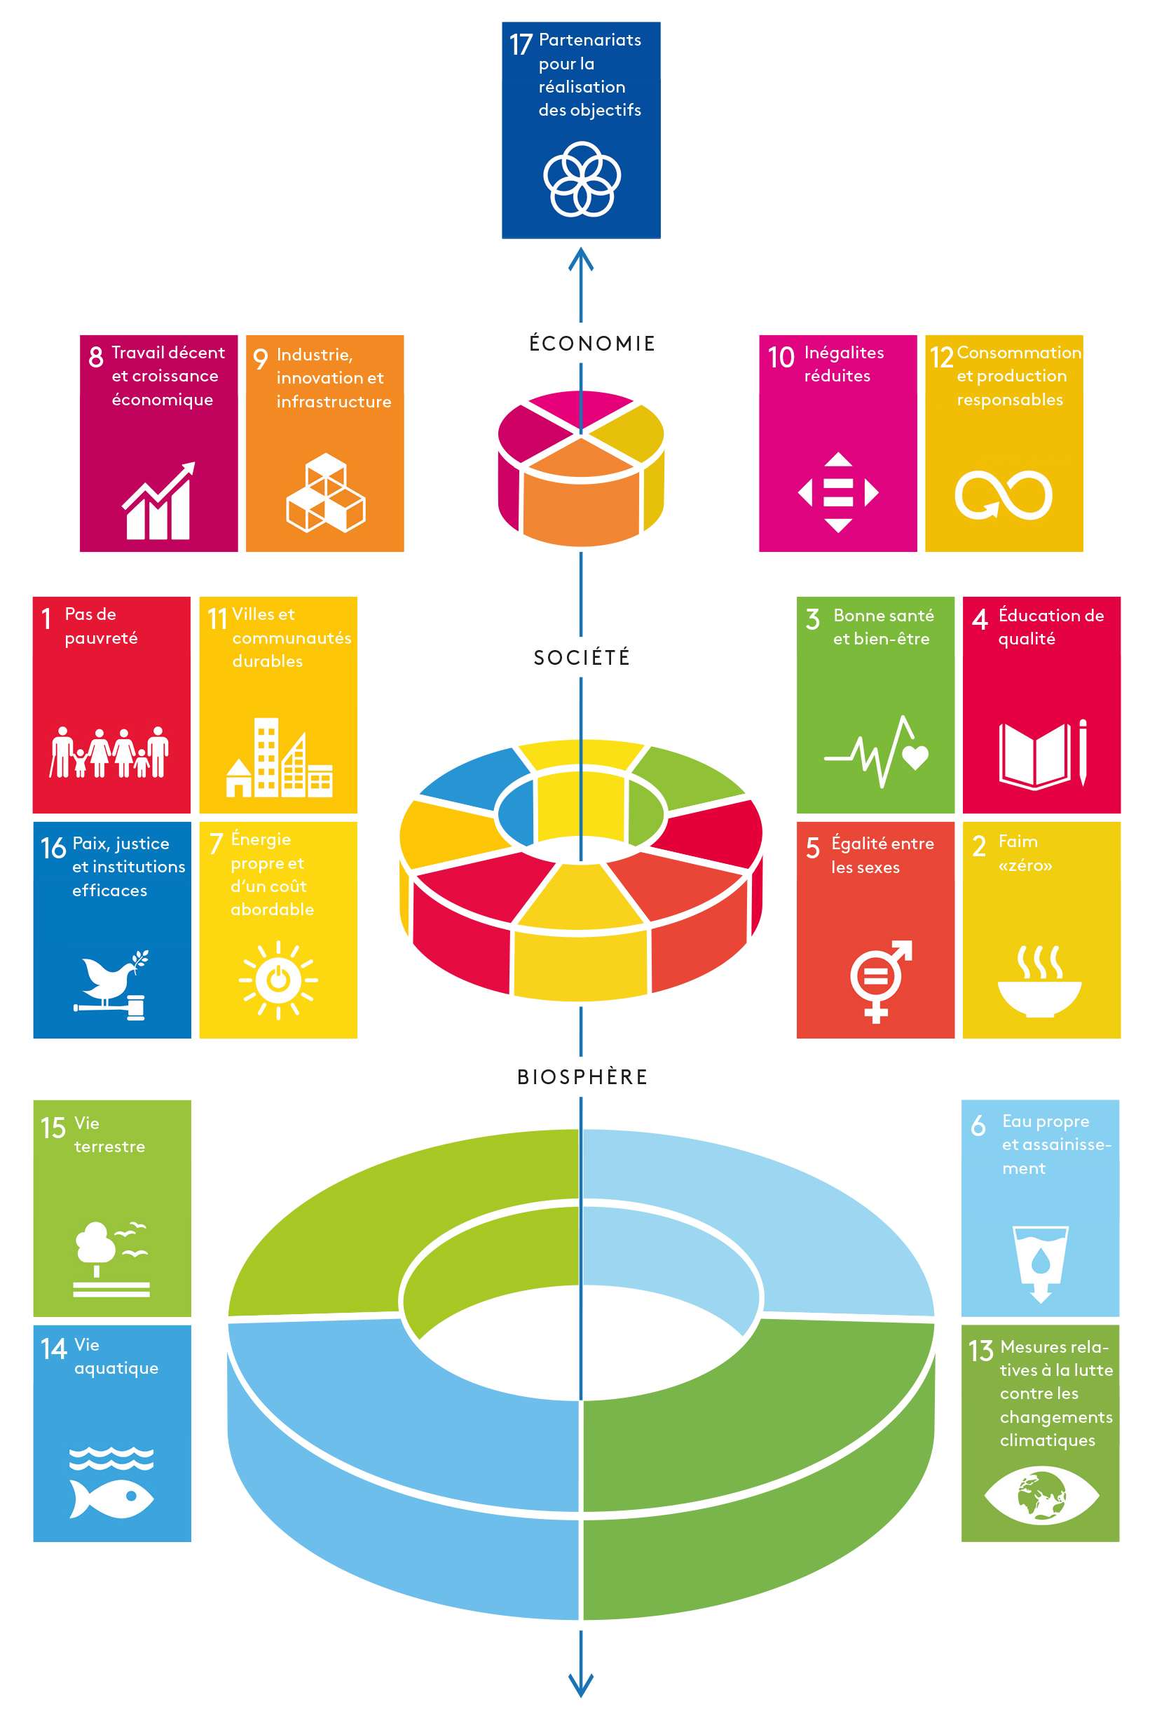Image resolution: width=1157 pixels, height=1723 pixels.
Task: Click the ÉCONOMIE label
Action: (x=591, y=344)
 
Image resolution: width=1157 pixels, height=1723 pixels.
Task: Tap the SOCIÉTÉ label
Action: (x=582, y=657)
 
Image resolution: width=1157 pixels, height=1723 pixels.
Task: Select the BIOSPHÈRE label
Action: (x=582, y=1077)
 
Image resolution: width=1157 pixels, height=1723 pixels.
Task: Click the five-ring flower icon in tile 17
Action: (x=582, y=180)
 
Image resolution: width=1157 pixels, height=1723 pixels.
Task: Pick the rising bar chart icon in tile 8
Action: (x=158, y=501)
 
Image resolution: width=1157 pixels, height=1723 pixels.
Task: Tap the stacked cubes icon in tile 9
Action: (x=325, y=492)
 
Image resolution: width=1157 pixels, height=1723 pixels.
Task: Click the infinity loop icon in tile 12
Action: (x=1004, y=494)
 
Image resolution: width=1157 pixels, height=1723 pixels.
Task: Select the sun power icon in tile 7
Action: (x=278, y=980)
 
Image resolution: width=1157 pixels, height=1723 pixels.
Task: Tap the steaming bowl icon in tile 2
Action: (x=1039, y=981)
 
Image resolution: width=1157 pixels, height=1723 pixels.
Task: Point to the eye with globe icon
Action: (x=1041, y=1496)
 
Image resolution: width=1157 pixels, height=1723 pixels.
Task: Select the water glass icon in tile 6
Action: (x=1041, y=1264)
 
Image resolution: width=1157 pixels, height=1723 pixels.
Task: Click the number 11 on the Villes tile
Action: (x=217, y=619)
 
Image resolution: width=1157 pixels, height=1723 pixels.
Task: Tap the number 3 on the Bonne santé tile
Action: (x=812, y=619)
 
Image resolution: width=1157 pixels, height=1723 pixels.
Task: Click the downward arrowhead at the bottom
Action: (x=582, y=1685)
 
